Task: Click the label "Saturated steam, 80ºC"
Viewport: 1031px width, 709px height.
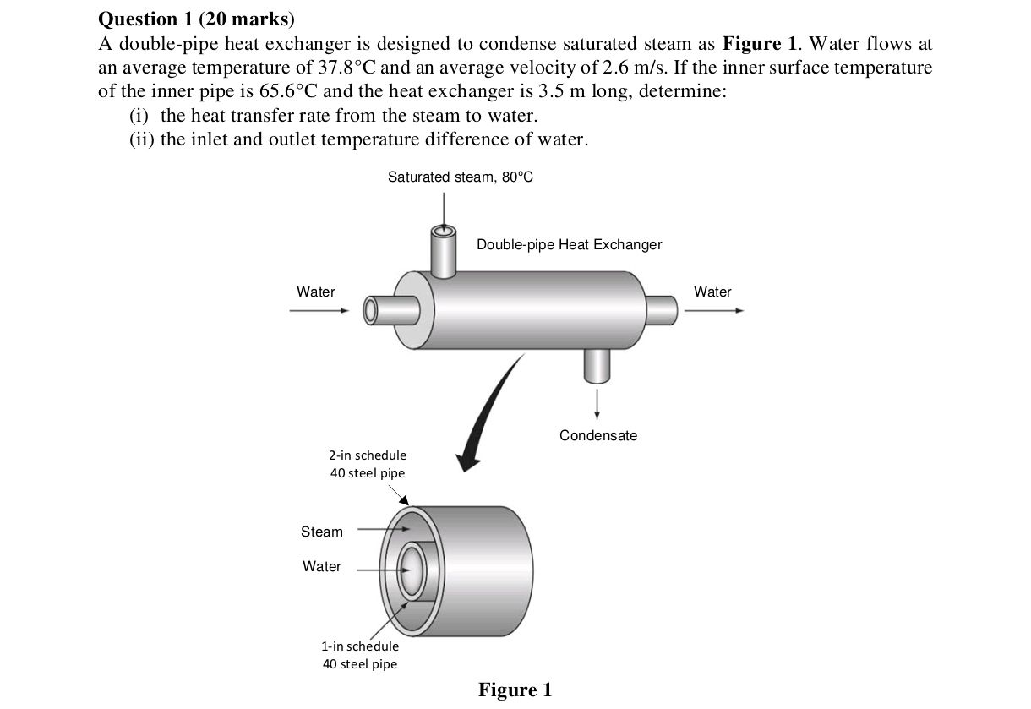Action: pos(461,177)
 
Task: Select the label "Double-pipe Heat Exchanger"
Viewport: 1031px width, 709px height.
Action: pos(569,244)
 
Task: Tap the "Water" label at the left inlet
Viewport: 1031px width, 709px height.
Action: pos(315,292)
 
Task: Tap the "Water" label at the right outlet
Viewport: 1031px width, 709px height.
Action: pos(712,292)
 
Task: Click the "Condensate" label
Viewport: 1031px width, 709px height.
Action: pos(598,435)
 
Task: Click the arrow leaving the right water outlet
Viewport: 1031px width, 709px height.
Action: pos(714,310)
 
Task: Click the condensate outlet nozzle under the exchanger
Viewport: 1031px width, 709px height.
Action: pos(597,363)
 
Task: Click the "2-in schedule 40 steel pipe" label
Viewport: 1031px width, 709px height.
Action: pos(368,464)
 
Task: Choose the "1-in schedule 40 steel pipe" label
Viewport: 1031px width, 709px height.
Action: pos(360,655)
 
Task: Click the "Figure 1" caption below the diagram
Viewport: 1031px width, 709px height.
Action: pos(515,690)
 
